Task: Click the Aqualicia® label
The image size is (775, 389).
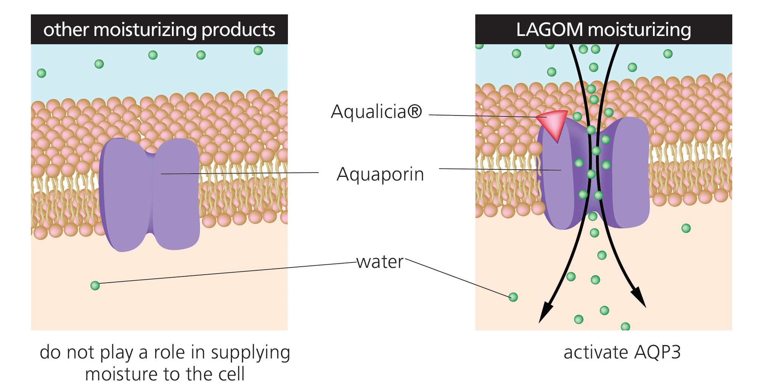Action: point(376,112)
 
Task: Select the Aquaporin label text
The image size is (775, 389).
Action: point(380,175)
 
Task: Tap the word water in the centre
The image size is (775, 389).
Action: point(380,262)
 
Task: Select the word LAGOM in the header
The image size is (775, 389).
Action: point(549,30)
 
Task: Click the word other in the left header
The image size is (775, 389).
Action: point(66,30)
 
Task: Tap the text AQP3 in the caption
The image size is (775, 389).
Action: point(657,352)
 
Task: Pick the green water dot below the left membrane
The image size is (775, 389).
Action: point(95,286)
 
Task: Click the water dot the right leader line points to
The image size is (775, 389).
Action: point(513,297)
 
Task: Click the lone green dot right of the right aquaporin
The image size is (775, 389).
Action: point(686,228)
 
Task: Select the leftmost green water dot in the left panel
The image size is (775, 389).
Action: point(42,73)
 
